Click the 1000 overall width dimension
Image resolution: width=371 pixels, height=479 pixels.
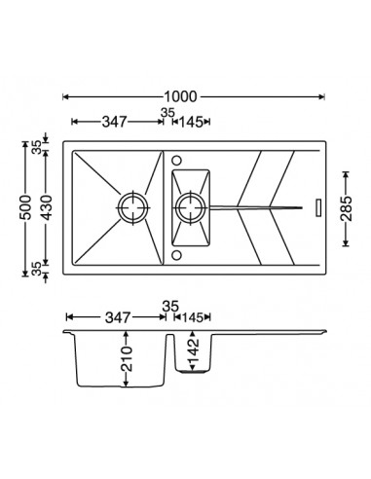(x=180, y=96)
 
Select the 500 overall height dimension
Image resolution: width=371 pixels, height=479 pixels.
(x=26, y=207)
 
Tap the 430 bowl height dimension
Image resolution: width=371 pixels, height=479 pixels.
(x=48, y=207)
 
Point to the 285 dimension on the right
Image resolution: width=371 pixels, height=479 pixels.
(x=347, y=208)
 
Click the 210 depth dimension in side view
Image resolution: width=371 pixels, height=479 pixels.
(x=127, y=358)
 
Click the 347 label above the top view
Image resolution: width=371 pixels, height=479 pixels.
(x=114, y=122)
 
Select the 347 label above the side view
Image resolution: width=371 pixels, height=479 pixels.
(x=118, y=317)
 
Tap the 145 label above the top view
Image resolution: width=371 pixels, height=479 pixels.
(x=191, y=122)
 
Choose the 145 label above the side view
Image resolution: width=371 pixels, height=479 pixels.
(x=193, y=317)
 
